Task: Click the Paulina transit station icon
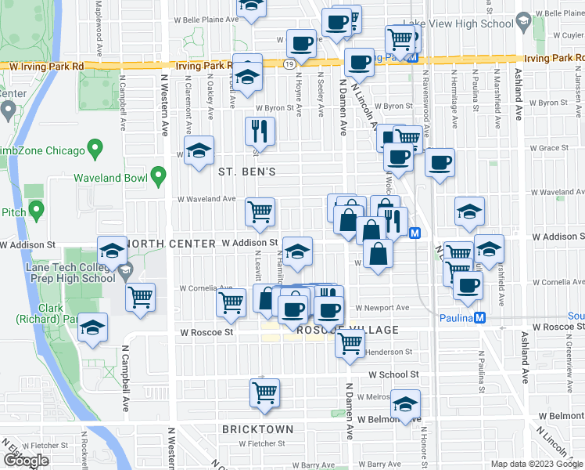[x=481, y=317]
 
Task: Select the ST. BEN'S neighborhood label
[x=247, y=171]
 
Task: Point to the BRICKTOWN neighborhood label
[x=257, y=429]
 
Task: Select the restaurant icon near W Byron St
[x=260, y=131]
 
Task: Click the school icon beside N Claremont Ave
[x=199, y=150]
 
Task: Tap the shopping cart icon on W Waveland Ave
[x=260, y=209]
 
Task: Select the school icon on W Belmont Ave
[x=405, y=403]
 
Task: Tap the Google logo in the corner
[x=26, y=461]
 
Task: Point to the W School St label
[x=395, y=375]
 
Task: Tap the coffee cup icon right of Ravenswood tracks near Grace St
[x=440, y=162]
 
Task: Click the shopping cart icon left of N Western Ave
[x=141, y=296]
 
